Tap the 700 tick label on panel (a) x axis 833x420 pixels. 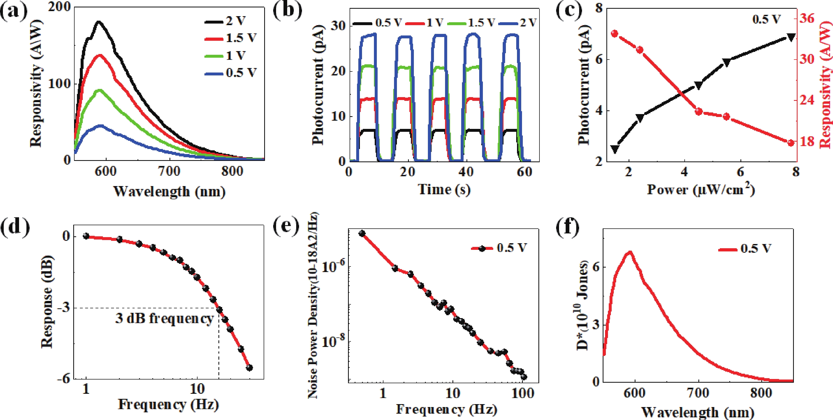[x=170, y=171]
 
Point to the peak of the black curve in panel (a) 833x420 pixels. [x=98, y=22]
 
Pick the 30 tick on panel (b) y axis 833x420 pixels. [x=338, y=26]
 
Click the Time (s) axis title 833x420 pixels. [x=444, y=189]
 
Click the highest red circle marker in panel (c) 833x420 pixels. [x=615, y=34]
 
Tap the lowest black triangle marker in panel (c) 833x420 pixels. [x=615, y=149]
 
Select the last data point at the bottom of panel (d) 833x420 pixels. [x=249, y=368]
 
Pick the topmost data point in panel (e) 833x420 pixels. [x=362, y=233]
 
